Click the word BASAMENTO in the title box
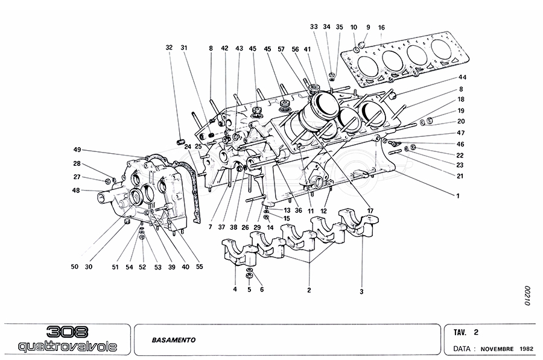click(x=170, y=339)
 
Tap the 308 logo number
click(x=68, y=332)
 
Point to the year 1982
click(x=526, y=349)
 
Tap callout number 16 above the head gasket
click(x=381, y=28)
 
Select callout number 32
click(x=169, y=47)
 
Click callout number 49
click(x=77, y=150)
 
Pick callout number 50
click(x=74, y=267)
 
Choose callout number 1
click(x=458, y=195)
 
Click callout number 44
click(x=462, y=78)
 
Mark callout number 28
click(x=77, y=163)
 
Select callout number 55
click(x=200, y=267)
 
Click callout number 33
click(x=314, y=27)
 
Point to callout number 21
click(x=460, y=176)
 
